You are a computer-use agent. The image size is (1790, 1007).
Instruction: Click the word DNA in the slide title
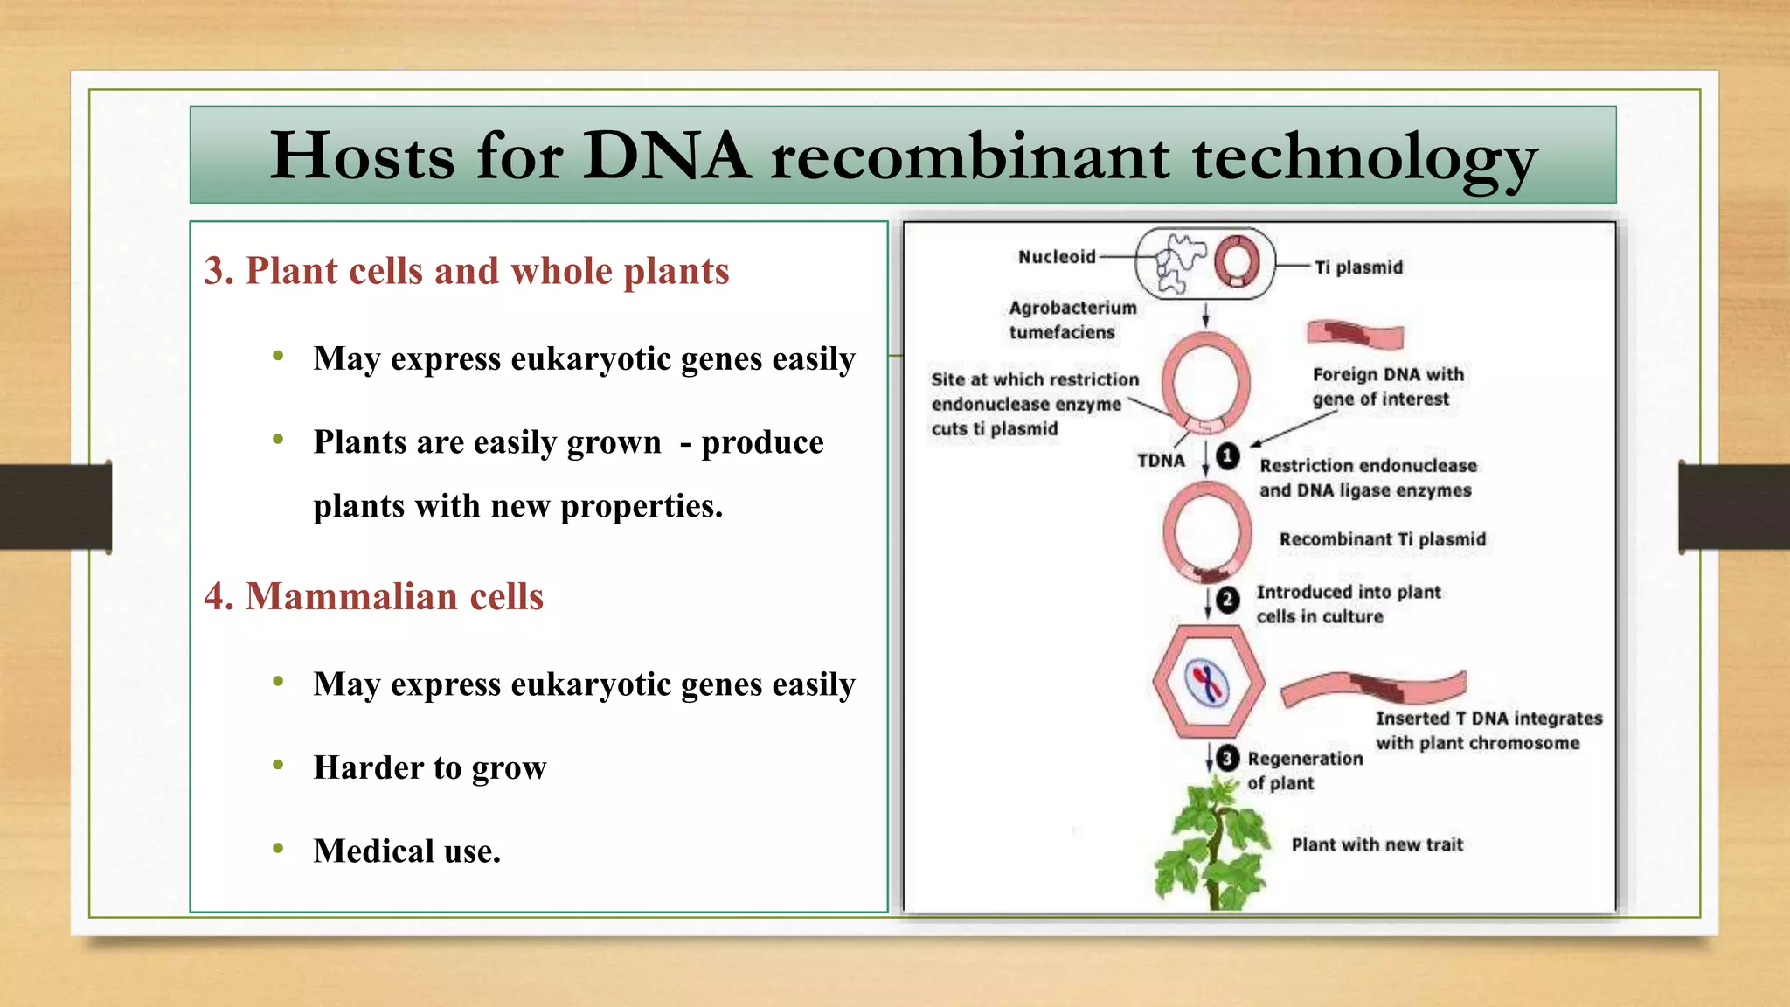[665, 156]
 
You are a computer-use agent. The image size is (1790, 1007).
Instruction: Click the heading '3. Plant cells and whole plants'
[466, 271]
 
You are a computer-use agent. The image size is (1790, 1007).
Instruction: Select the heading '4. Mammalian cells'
[373, 596]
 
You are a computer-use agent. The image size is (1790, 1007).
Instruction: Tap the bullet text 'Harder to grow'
[429, 767]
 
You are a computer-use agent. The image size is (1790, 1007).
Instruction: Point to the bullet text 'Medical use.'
[406, 851]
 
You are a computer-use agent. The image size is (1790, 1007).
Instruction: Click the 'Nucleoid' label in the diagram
[1056, 257]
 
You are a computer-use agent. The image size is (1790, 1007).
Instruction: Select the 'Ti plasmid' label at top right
[1358, 267]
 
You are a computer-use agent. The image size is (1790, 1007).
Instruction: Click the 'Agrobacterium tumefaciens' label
[1072, 320]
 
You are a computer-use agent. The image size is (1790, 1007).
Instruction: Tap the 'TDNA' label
[1161, 461]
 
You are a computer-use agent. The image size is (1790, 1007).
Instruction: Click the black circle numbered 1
[1228, 456]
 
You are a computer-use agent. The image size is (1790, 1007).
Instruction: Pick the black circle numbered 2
[1228, 600]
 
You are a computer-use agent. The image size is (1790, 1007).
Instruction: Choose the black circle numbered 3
[1227, 758]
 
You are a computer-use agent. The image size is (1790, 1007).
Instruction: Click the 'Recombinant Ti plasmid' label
[1382, 539]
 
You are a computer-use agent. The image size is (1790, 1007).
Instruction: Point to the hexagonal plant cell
[1208, 682]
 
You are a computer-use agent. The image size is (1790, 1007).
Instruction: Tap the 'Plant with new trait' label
[1377, 844]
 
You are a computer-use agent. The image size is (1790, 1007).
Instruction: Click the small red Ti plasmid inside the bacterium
[1237, 261]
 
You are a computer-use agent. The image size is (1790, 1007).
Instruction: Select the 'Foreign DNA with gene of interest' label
[1387, 386]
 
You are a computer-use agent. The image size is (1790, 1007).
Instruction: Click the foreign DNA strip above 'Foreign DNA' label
[1354, 333]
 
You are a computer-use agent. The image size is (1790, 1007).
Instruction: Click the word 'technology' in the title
[1363, 158]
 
